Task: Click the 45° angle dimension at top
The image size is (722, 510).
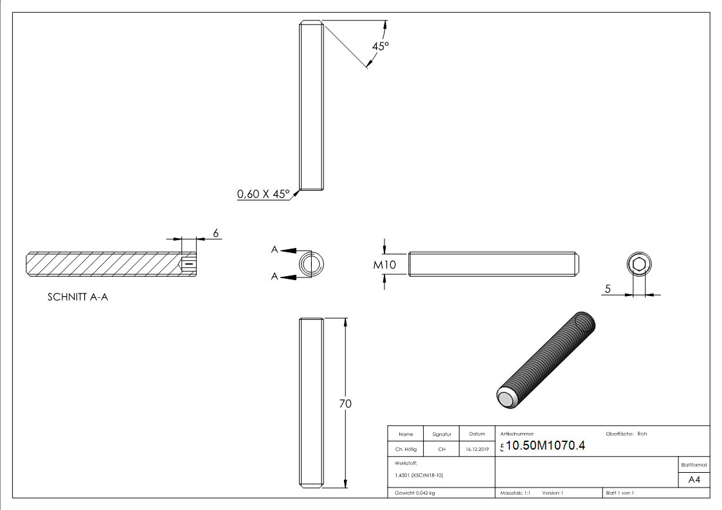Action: (x=381, y=46)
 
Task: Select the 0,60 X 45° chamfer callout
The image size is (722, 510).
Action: (x=263, y=193)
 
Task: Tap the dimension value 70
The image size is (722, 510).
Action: (x=345, y=404)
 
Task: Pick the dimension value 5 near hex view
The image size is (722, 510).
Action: (x=607, y=289)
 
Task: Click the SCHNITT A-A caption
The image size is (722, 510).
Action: (x=78, y=297)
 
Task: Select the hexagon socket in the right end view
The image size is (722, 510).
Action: (x=638, y=265)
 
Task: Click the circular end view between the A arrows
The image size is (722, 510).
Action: (x=312, y=264)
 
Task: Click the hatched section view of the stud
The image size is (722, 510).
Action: (x=103, y=264)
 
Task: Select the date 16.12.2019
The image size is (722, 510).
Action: (x=477, y=450)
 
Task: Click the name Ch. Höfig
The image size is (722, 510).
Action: (x=406, y=450)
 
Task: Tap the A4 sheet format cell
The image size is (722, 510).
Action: (x=694, y=480)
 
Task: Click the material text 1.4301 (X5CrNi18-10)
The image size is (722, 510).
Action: (x=419, y=475)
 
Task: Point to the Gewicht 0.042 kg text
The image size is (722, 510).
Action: (x=415, y=493)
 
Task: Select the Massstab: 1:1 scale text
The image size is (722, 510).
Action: (x=515, y=493)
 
